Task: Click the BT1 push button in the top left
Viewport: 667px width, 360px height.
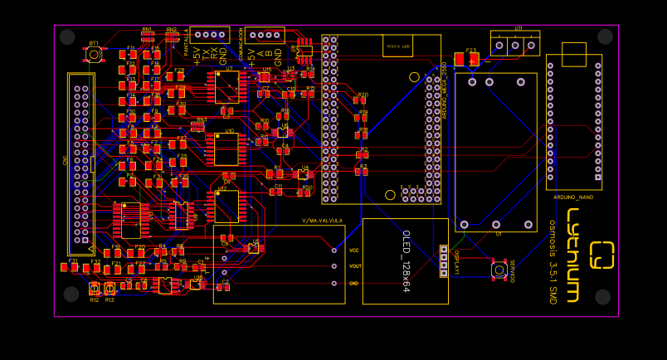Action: coord(93,55)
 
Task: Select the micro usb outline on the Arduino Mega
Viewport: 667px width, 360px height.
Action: coord(397,46)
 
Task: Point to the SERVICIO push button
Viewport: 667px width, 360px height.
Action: coord(499,270)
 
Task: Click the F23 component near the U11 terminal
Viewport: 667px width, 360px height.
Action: coord(471,60)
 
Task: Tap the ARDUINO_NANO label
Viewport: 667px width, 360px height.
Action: coord(573,197)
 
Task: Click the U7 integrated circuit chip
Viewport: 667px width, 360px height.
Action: coord(226,87)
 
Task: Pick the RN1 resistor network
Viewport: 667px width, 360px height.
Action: coord(148,35)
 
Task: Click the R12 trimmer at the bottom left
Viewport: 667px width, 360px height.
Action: coord(95,289)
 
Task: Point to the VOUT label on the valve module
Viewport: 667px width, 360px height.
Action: coord(355,266)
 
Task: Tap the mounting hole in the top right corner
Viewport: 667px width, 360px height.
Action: coord(605,36)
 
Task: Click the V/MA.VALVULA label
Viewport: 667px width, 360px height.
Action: coord(322,221)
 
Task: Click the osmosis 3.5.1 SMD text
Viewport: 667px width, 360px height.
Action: coord(553,262)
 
